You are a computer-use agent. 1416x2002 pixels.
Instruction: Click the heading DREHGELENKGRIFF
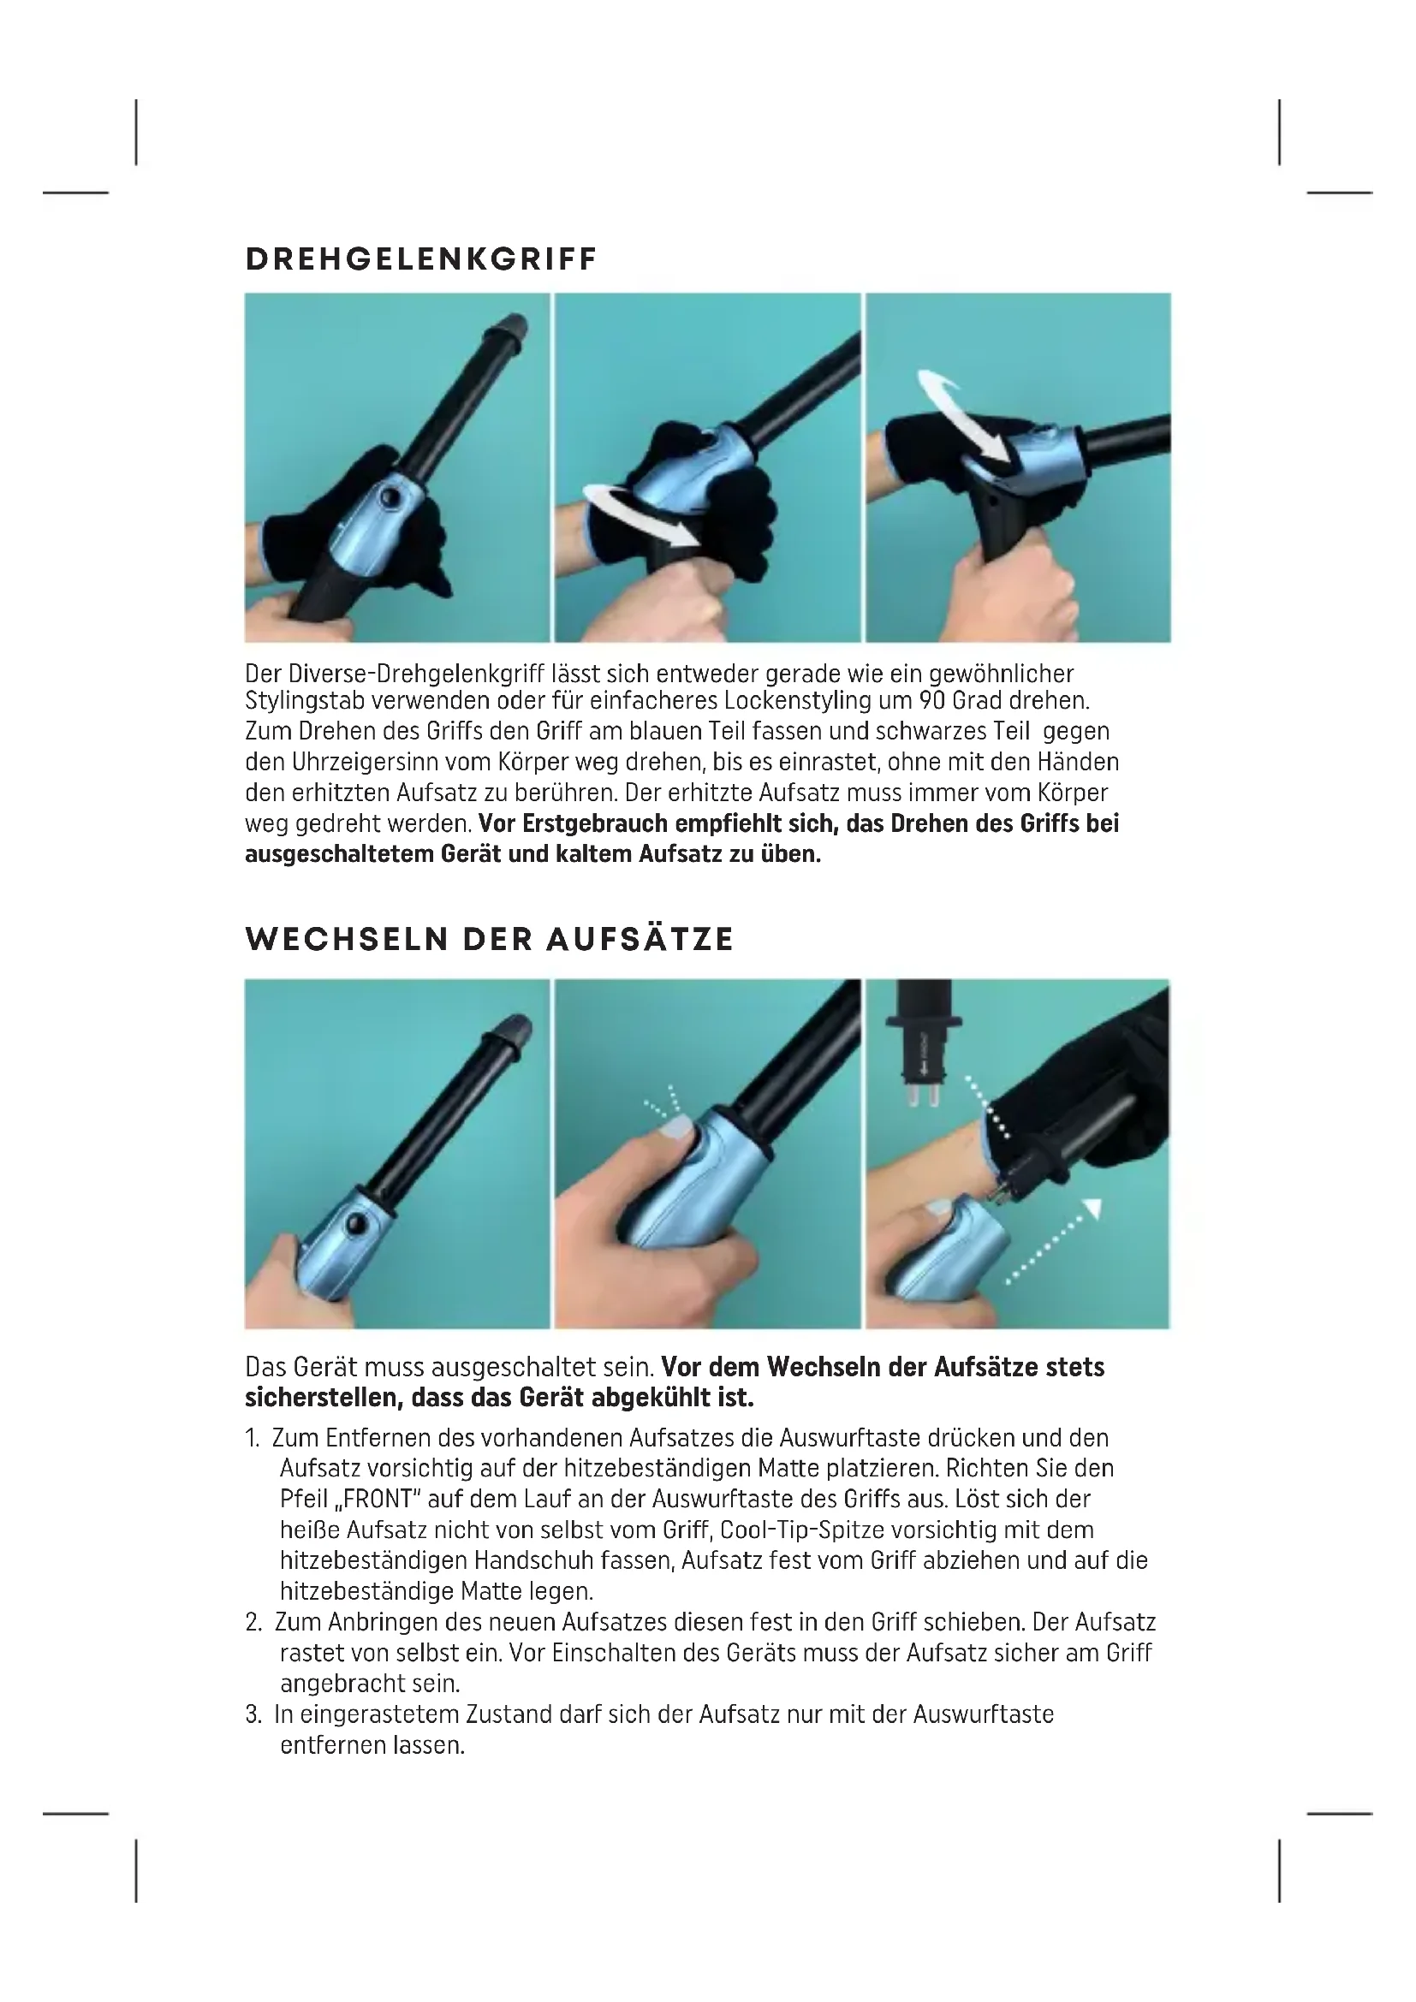click(421, 259)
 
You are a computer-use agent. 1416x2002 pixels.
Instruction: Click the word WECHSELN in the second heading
click(348, 939)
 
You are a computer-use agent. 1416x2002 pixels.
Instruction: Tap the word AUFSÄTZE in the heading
click(641, 939)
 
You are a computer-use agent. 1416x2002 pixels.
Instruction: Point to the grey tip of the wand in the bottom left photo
click(513, 1032)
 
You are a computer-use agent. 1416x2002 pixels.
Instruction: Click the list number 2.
click(253, 1622)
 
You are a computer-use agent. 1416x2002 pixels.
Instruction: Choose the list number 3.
click(253, 1714)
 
